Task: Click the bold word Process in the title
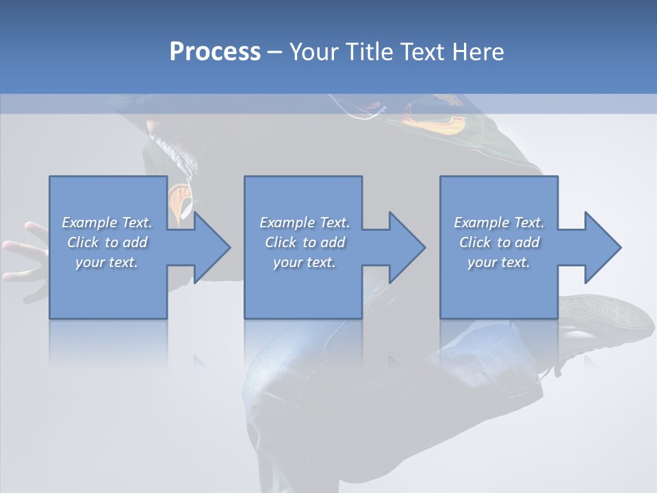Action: (215, 51)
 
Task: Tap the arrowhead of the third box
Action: (602, 247)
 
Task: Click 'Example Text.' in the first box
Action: (107, 223)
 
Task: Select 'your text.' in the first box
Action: (107, 262)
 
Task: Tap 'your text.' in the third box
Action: (499, 262)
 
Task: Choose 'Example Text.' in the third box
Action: (499, 223)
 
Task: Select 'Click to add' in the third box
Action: (499, 242)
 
